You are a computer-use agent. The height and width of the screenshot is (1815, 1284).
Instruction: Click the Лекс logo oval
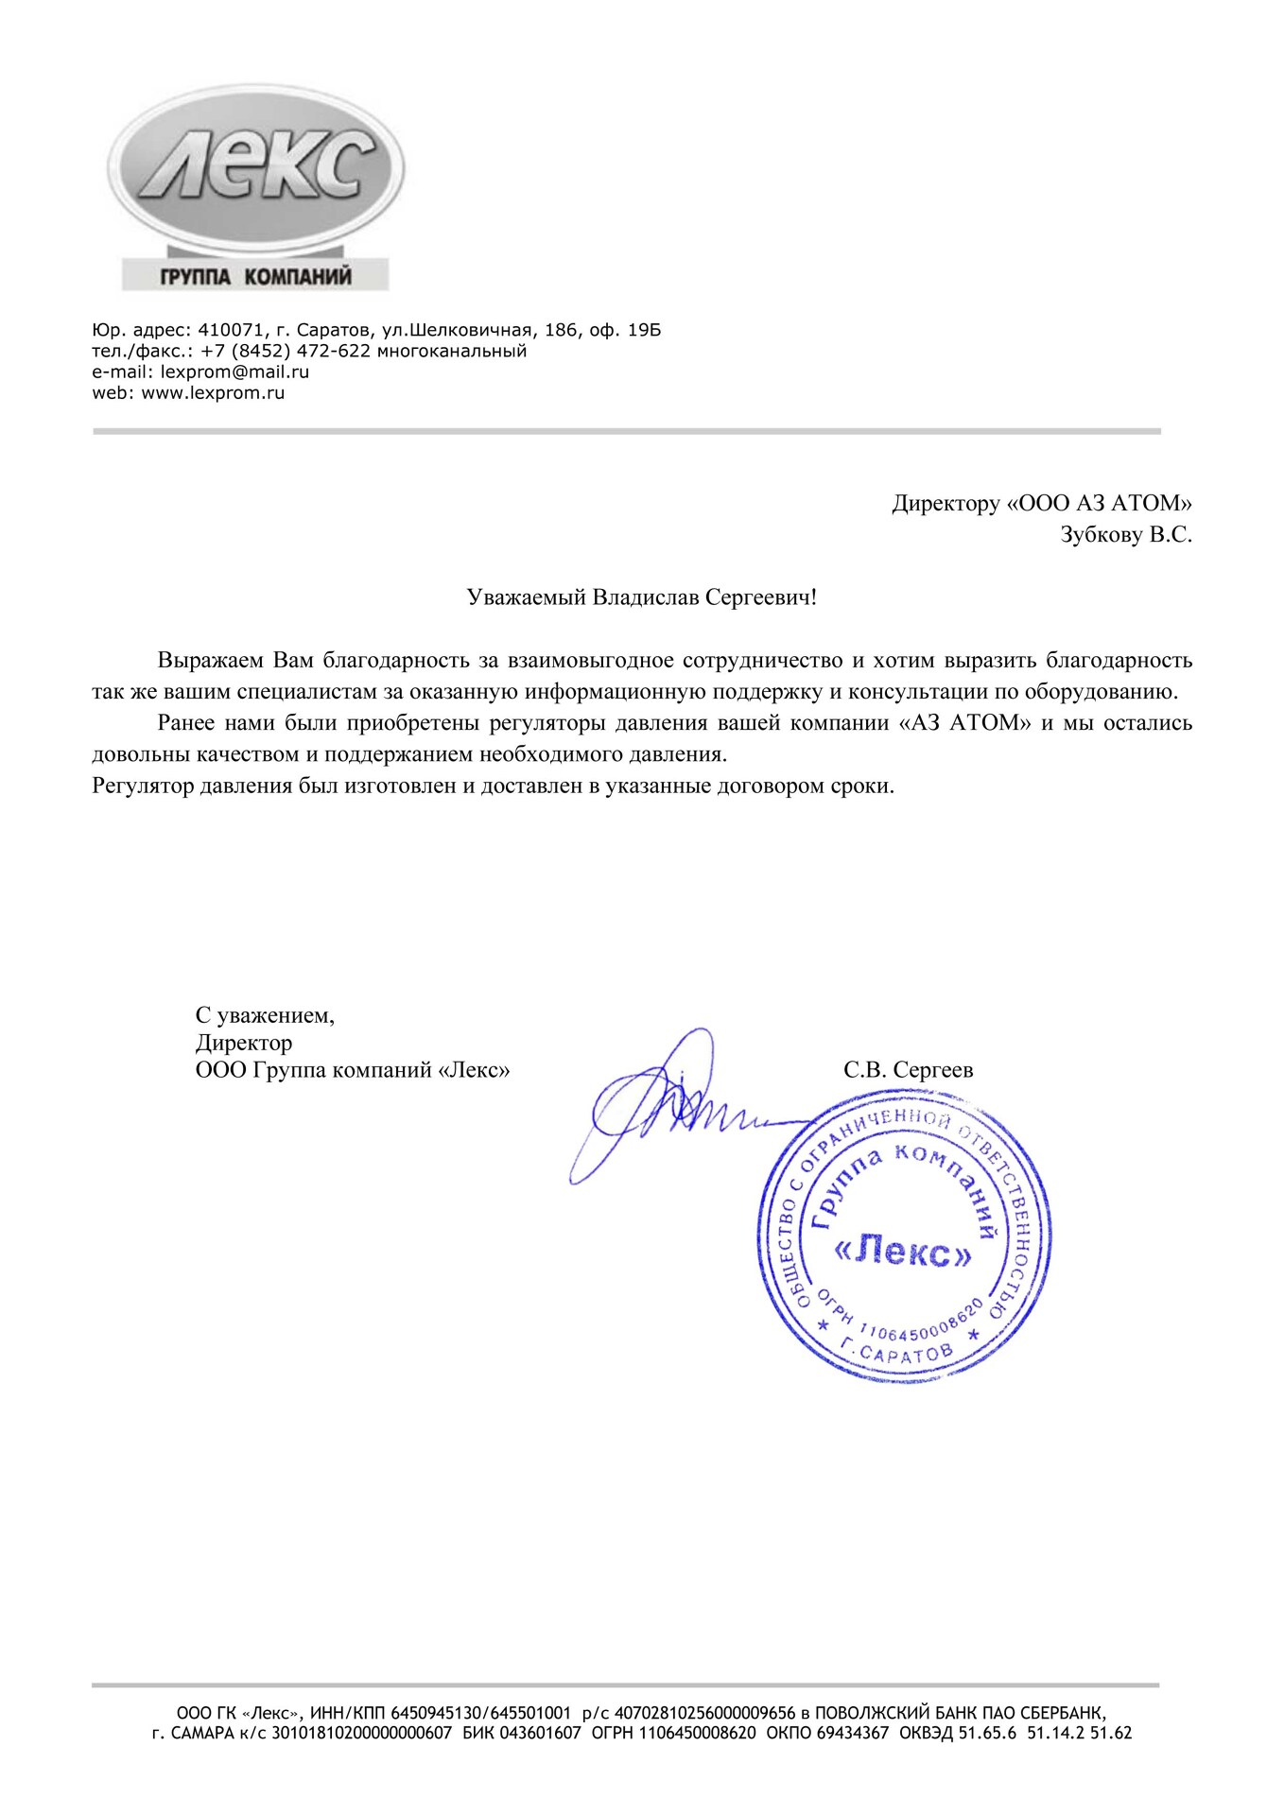[x=255, y=171]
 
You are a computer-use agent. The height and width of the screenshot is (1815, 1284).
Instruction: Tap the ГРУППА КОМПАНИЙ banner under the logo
[x=255, y=277]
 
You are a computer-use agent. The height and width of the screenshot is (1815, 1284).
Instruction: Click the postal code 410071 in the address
[x=227, y=330]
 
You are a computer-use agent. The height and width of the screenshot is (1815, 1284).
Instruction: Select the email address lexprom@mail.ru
[x=234, y=372]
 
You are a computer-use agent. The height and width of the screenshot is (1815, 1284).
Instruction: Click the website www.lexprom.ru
[x=213, y=392]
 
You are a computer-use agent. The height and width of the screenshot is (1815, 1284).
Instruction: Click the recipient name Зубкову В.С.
[x=1125, y=535]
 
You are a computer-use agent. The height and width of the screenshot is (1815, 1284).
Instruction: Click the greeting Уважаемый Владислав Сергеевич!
[x=641, y=597]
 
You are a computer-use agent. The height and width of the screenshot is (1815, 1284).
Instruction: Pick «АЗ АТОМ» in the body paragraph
[x=963, y=723]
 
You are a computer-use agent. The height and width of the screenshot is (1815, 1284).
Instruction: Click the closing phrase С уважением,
[x=265, y=1016]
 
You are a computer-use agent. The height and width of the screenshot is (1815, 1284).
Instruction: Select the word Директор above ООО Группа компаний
[x=244, y=1043]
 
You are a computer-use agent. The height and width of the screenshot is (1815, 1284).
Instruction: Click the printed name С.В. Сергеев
[x=908, y=1070]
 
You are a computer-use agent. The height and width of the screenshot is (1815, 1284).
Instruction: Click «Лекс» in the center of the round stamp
[x=902, y=1253]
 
